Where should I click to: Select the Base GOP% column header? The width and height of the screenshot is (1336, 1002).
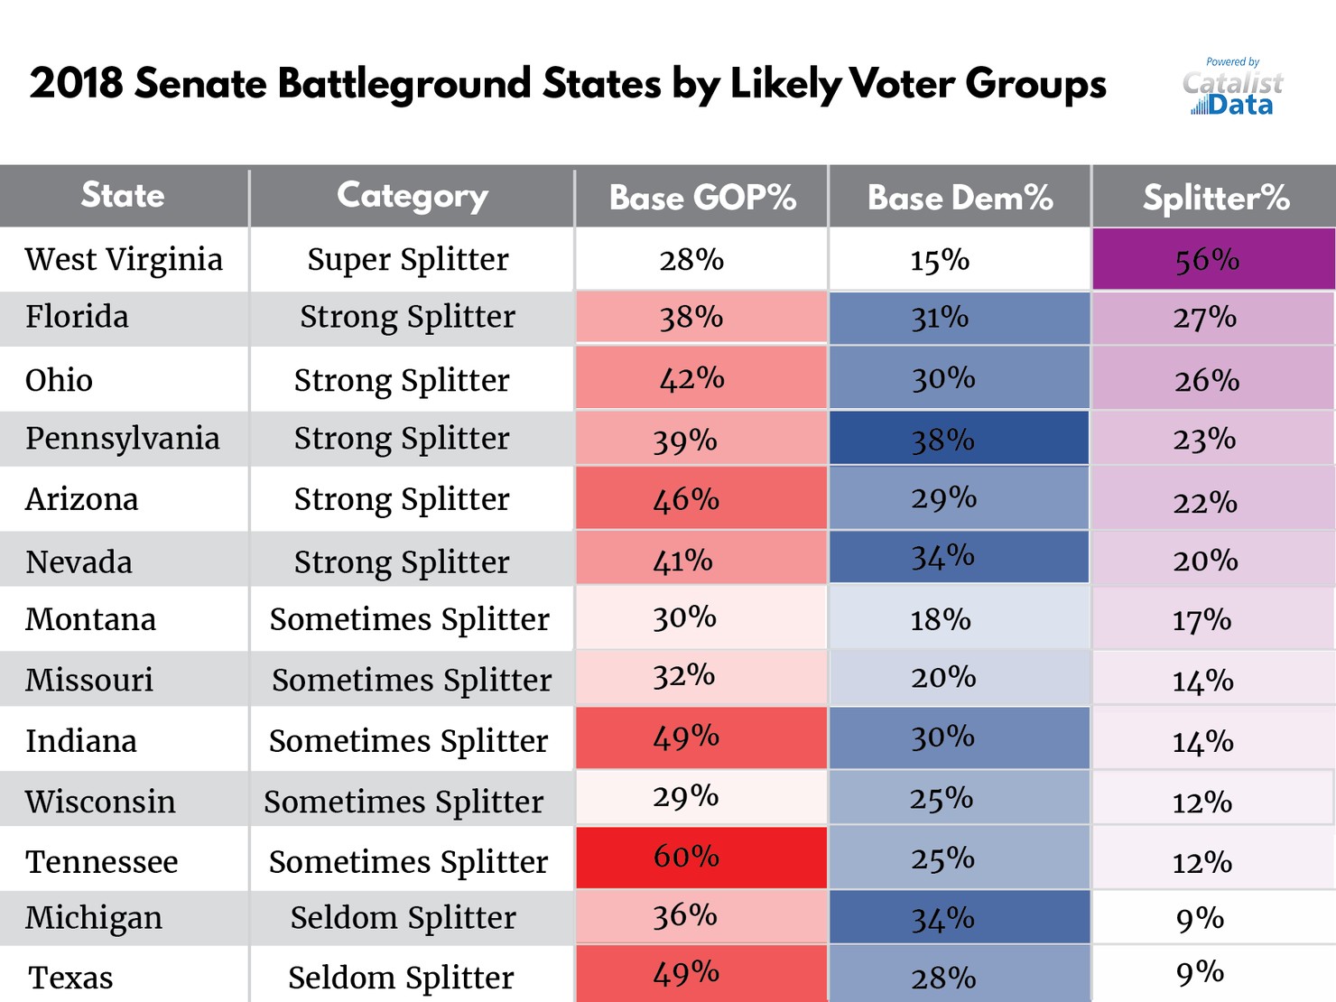click(x=701, y=197)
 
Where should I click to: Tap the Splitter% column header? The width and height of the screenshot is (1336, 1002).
click(x=1215, y=197)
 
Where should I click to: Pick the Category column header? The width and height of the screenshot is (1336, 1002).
click(x=412, y=196)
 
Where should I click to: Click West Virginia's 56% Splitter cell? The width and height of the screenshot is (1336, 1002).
click(x=1212, y=260)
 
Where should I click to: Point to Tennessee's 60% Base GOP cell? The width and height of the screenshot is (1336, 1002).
click(x=700, y=857)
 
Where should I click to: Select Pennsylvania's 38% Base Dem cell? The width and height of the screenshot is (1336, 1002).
click(x=959, y=440)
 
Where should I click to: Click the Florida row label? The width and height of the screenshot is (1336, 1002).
click(x=78, y=318)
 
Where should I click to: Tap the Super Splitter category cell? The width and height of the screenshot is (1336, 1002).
click(x=408, y=260)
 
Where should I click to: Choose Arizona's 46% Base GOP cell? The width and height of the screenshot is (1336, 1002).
click(x=700, y=498)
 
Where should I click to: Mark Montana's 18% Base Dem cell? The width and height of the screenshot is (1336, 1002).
click(x=959, y=619)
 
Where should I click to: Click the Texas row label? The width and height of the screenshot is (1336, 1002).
click(x=70, y=978)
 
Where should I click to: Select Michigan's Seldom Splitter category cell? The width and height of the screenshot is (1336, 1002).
click(x=404, y=918)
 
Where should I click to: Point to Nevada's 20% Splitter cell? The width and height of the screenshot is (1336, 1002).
click(x=1212, y=561)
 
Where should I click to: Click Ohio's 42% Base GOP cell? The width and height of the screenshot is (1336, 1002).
click(x=700, y=379)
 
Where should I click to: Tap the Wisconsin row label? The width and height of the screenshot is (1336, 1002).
click(x=100, y=802)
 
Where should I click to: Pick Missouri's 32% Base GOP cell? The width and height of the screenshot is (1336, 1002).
click(x=700, y=677)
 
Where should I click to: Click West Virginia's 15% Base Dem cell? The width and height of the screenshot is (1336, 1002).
click(x=959, y=260)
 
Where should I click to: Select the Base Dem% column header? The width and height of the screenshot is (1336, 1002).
click(x=960, y=197)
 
